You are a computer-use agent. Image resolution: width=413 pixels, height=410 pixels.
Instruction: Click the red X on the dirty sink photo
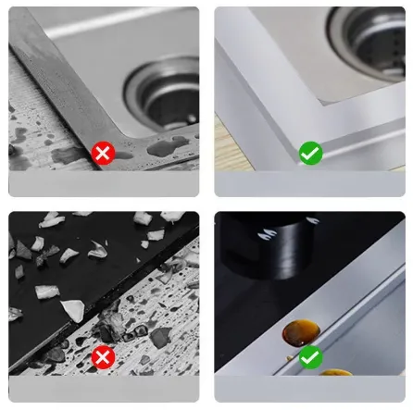point(104,154)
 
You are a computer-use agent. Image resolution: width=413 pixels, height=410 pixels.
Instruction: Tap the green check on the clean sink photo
point(310,154)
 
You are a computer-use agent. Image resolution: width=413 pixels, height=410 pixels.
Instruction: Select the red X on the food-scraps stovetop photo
point(104,356)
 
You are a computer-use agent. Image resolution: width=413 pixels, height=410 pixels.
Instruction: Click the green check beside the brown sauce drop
point(310,356)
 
